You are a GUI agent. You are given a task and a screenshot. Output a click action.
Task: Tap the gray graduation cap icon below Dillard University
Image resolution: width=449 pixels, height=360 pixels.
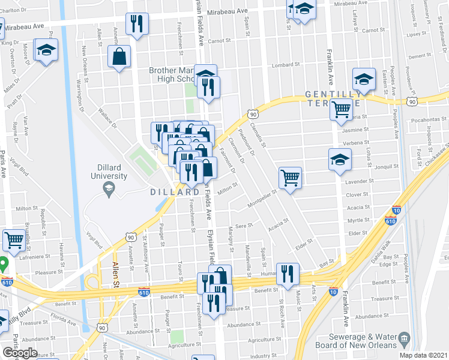pos(109,190)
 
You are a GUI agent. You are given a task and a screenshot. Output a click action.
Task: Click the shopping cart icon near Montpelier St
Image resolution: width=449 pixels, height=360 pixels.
pos(290,177)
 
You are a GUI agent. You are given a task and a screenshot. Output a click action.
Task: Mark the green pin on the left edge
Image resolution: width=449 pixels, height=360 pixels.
pos(3,264)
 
